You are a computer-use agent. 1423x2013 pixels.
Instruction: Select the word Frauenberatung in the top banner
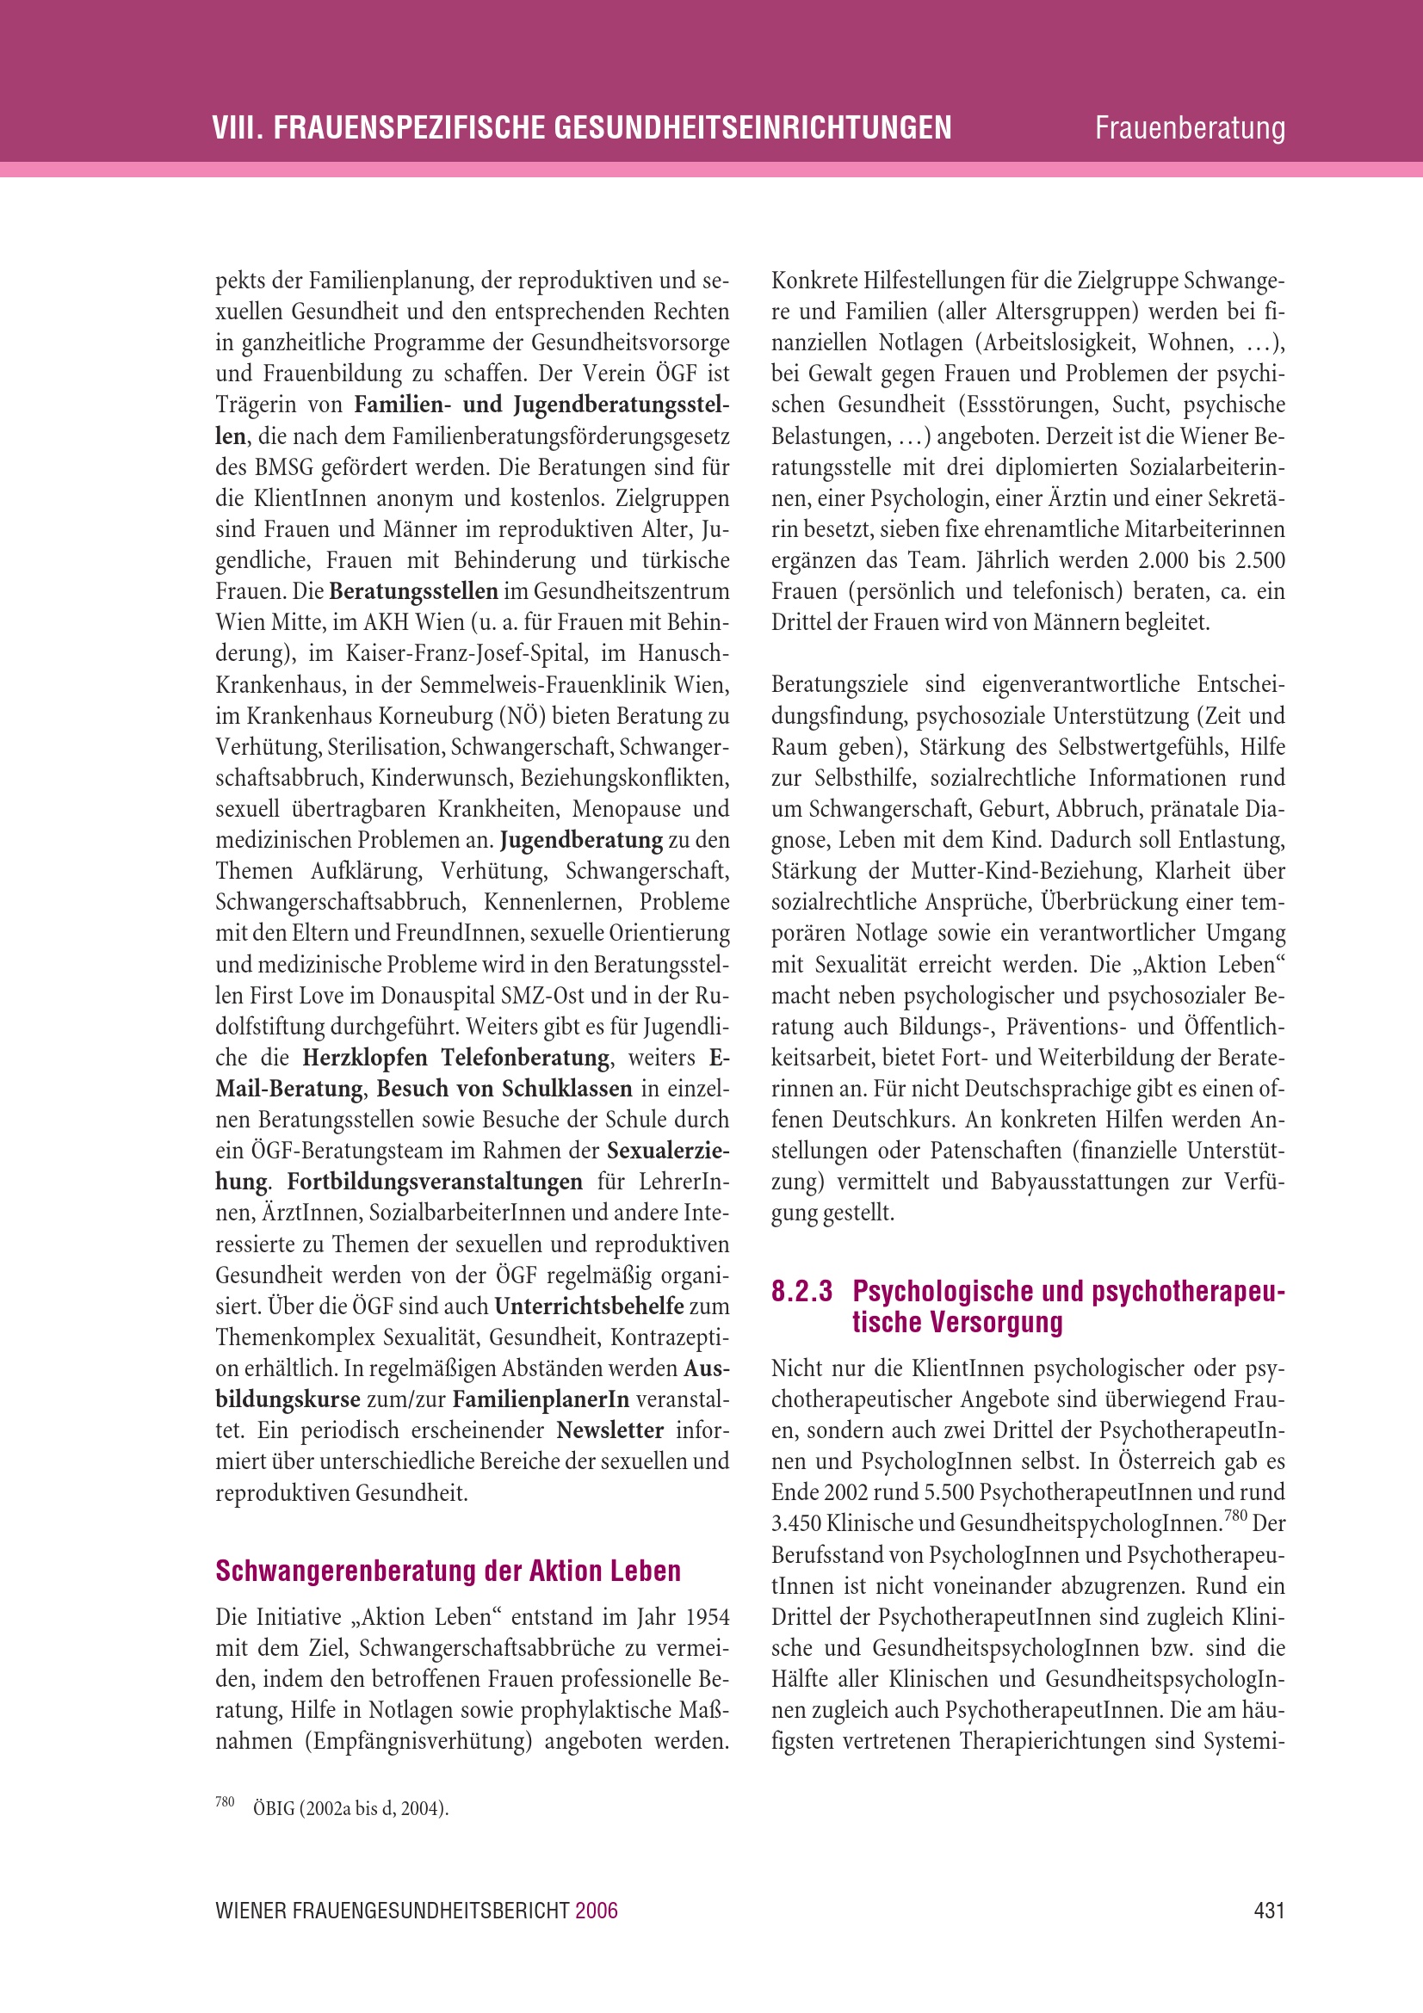click(x=1189, y=128)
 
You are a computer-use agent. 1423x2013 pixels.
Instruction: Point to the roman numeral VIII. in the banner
click(x=237, y=128)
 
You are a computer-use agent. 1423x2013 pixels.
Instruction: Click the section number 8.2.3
click(x=801, y=1292)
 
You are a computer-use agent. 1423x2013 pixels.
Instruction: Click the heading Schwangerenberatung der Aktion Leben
click(x=448, y=1571)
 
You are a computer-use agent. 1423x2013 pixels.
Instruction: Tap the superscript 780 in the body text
click(x=1234, y=1516)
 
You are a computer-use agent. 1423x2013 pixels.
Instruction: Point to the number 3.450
click(x=796, y=1524)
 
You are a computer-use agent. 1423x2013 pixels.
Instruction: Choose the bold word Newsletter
click(x=610, y=1430)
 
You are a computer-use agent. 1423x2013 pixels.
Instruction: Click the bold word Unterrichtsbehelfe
click(x=588, y=1306)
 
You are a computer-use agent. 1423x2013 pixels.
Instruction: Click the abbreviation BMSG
click(x=278, y=467)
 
